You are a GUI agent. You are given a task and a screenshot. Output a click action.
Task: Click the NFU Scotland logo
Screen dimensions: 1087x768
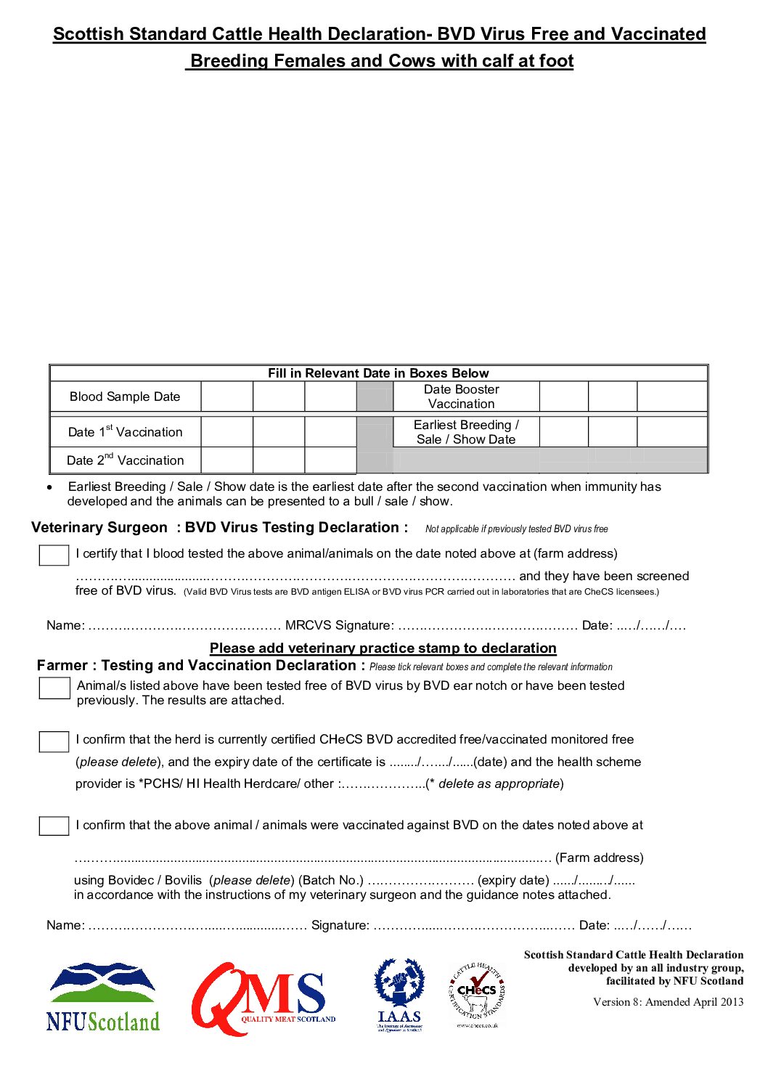(102, 997)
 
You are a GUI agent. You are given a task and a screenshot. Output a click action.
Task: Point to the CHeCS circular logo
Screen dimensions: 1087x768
(477, 995)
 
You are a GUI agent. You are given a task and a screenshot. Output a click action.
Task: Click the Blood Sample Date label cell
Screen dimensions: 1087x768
(125, 396)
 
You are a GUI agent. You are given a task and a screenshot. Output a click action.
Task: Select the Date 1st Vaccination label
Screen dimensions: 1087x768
(125, 432)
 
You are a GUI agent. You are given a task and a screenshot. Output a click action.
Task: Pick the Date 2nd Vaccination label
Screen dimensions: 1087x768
(125, 460)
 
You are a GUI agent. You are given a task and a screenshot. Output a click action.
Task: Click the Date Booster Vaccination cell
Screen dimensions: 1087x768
(462, 396)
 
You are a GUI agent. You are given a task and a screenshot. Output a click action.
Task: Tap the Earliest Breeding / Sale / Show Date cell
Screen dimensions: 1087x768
(466, 432)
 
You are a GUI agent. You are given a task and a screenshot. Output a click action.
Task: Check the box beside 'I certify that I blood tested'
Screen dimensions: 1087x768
(54, 555)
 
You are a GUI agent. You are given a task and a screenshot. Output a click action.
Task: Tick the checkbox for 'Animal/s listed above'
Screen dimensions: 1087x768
(54, 688)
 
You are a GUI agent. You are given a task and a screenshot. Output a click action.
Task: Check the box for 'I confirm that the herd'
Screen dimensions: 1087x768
(54, 741)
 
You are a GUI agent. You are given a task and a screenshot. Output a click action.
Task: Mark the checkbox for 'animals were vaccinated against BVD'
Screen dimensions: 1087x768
(54, 826)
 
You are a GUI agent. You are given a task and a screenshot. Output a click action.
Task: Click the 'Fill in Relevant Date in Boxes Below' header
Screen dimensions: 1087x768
(378, 373)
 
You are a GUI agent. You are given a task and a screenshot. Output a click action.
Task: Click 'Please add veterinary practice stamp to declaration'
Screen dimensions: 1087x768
(383, 648)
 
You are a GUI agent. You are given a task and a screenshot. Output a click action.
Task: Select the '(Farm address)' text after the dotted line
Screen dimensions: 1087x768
(599, 858)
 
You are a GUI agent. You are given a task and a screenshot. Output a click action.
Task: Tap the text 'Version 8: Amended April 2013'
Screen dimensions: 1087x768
(668, 1002)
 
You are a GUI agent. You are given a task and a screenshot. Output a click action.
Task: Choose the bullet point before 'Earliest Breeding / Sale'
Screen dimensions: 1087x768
(49, 487)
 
